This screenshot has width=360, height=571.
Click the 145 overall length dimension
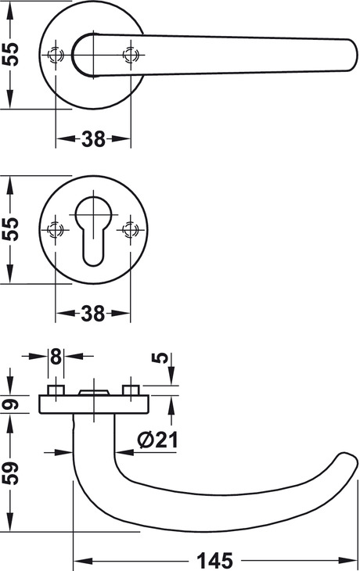click(214, 560)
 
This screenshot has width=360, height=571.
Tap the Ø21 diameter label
click(158, 440)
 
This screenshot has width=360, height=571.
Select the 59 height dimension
click(10, 472)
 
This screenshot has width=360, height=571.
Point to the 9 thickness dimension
click(10, 404)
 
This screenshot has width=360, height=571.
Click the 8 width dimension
click(56, 356)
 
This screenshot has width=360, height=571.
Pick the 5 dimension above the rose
click(160, 358)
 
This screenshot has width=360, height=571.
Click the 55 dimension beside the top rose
click(10, 54)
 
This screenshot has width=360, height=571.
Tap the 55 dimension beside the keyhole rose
click(10, 228)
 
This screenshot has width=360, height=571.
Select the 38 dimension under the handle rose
click(93, 138)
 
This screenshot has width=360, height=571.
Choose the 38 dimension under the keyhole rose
click(93, 313)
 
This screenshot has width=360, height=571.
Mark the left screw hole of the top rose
click(55, 56)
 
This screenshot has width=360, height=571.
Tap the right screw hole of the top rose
click(130, 56)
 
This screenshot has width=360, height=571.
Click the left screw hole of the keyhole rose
click(55, 230)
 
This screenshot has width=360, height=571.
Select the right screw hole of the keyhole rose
click(130, 230)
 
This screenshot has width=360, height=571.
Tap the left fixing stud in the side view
click(56, 390)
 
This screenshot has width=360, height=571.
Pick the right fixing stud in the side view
click(131, 390)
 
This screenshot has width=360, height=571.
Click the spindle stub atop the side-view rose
click(94, 392)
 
